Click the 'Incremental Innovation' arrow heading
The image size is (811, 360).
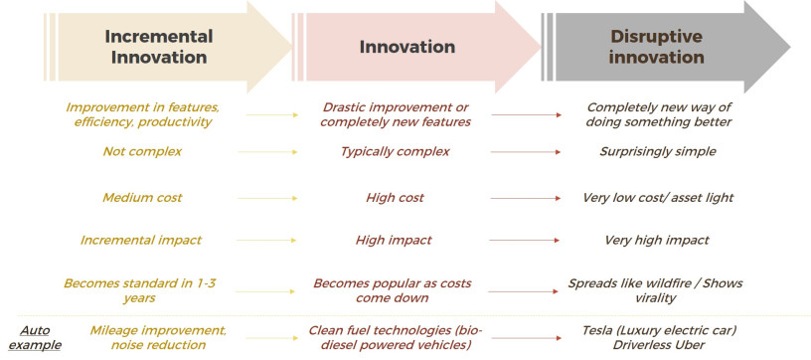159,47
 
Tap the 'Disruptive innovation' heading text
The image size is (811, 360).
656,47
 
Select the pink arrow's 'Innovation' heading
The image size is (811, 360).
407,47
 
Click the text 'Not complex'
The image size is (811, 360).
142,151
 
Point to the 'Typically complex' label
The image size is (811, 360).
395,151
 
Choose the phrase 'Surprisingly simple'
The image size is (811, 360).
658,151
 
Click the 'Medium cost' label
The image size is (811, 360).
142,198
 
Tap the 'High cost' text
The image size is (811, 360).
395,198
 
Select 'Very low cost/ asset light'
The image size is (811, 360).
658,198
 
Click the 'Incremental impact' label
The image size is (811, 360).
141,240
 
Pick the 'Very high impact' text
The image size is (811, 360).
657,240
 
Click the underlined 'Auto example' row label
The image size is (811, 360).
35,338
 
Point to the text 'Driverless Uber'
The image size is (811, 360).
658,344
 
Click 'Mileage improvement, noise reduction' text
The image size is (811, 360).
158,337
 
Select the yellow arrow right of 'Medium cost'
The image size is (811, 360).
267,198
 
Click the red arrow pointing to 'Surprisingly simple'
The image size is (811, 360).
526,152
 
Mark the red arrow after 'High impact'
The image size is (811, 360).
524,240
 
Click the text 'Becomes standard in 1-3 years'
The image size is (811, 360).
140,290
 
